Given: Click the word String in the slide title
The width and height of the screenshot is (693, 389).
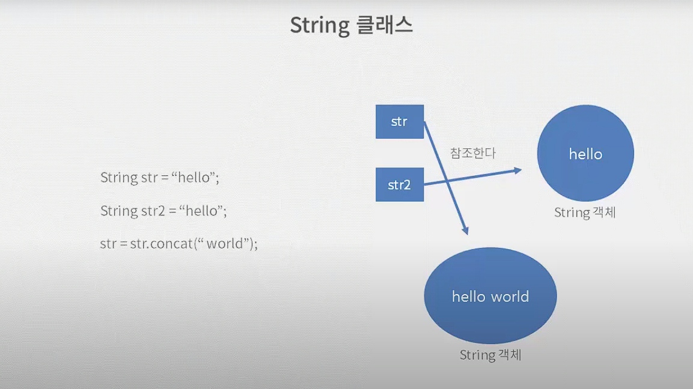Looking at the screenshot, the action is [x=319, y=26].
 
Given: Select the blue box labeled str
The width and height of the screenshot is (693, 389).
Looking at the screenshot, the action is [x=399, y=122].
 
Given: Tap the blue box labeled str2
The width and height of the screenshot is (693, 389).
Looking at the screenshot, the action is [x=399, y=184].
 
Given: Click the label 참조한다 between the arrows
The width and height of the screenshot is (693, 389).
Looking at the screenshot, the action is [x=473, y=153].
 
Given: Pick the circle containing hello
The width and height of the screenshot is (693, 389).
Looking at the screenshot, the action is [x=585, y=154].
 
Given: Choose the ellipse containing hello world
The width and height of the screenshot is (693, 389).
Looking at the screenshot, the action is [x=490, y=296].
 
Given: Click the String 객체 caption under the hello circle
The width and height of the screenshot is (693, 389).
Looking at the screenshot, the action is [x=585, y=213].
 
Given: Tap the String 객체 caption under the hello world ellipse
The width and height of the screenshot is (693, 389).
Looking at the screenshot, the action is [x=490, y=355].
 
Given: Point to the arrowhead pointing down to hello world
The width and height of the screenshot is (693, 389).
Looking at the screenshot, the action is [x=465, y=229].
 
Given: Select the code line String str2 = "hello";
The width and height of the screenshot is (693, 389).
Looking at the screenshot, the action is [x=163, y=211].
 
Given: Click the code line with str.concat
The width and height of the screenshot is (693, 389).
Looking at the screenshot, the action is [x=179, y=244].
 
